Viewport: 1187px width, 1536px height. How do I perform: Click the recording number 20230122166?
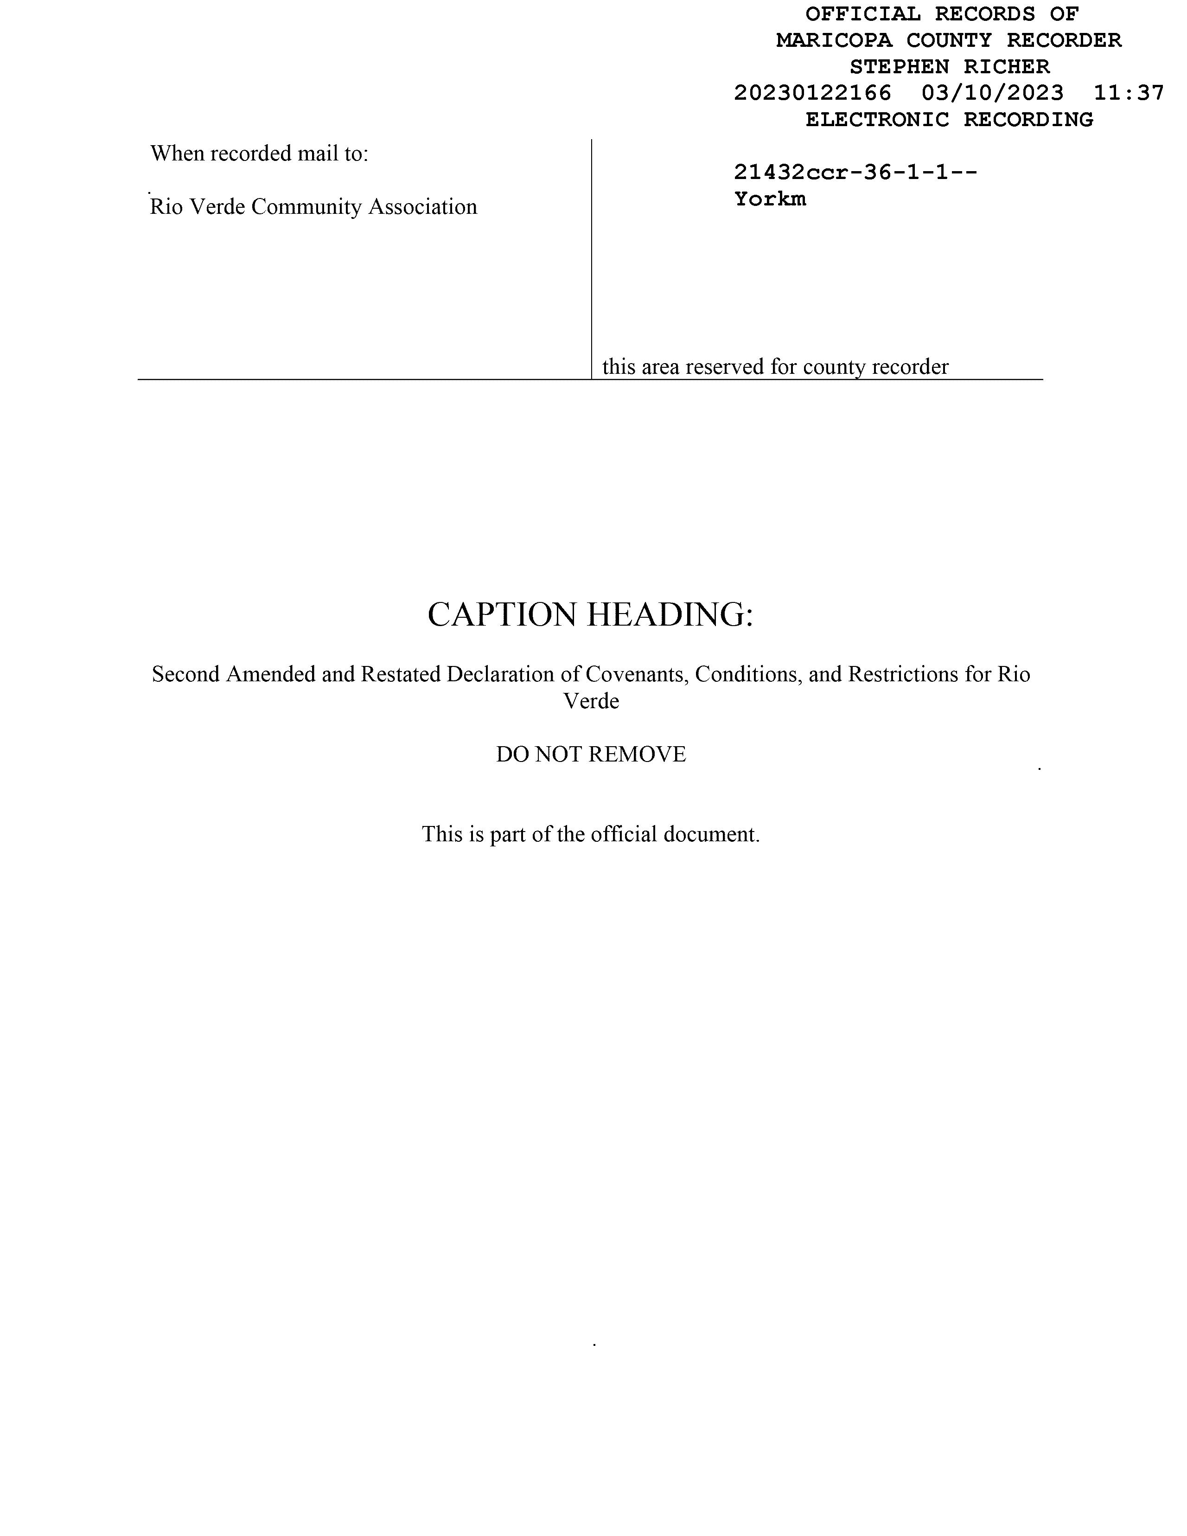[812, 93]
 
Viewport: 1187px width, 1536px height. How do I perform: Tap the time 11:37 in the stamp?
[1129, 93]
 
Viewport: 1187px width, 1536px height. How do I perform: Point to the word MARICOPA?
[833, 40]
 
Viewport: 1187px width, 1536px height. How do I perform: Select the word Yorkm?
[770, 199]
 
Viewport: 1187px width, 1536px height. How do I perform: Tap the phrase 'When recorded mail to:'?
[259, 154]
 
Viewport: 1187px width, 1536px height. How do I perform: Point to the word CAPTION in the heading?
[502, 614]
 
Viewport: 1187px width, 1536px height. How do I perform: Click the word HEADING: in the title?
[670, 614]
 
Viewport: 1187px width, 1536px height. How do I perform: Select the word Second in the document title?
[185, 674]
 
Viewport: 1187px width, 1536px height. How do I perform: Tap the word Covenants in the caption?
[637, 674]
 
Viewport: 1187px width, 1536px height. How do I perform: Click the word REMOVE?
[637, 754]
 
